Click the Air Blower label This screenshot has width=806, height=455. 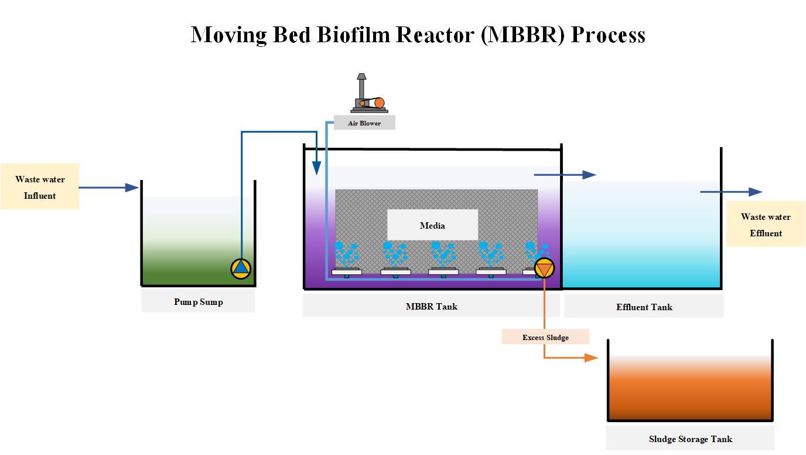coord(364,123)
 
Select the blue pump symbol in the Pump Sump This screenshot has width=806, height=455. coord(241,268)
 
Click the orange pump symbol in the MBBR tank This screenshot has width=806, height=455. coord(544,268)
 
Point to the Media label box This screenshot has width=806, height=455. coord(432,225)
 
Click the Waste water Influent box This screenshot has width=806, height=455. coord(40,186)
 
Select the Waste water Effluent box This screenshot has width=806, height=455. coord(766,225)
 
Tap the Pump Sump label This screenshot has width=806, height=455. coord(198,302)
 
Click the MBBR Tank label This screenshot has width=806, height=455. coord(432,306)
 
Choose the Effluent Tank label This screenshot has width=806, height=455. coord(644,307)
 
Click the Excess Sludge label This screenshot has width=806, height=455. coord(545,337)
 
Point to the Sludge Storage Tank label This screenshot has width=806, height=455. coord(690,439)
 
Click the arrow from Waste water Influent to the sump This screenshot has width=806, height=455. coord(109,188)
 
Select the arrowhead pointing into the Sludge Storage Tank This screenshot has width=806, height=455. coord(592,358)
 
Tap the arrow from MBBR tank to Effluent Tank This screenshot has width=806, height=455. coord(565,175)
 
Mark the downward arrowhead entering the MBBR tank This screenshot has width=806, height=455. coord(316,169)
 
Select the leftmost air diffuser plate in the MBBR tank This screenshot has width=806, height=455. coord(347,271)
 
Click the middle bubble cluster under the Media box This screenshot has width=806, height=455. coord(443,253)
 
